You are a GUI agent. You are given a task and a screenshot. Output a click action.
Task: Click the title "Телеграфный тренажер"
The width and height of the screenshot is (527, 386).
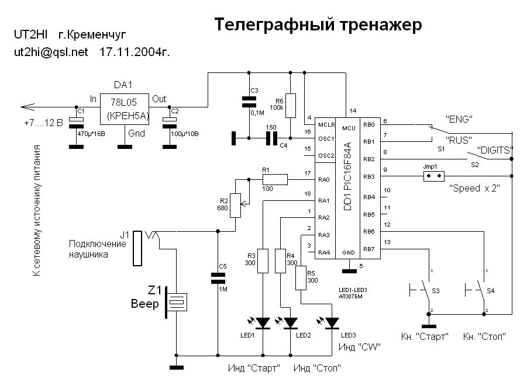318,25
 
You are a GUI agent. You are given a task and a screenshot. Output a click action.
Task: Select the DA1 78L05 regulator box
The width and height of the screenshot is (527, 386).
124,110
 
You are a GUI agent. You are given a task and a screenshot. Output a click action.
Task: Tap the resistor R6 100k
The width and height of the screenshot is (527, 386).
291,105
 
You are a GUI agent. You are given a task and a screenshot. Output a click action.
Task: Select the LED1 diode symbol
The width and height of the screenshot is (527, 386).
263,322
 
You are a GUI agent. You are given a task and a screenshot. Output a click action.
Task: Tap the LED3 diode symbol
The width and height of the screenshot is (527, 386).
333,322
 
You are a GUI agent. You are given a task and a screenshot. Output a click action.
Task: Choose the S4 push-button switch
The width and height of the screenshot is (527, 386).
476,288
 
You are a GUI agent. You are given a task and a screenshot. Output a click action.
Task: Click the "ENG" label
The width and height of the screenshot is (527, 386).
459,119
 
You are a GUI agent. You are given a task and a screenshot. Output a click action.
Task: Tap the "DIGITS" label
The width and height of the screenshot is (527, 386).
496,149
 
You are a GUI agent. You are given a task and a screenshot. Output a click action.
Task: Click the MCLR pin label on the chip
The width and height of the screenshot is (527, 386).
326,125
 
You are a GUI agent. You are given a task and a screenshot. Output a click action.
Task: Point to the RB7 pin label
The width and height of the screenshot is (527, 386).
369,249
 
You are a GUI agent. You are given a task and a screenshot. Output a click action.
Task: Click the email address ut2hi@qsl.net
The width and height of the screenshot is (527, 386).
51,52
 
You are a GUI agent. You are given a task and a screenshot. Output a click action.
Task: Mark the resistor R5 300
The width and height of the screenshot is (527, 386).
302,277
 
